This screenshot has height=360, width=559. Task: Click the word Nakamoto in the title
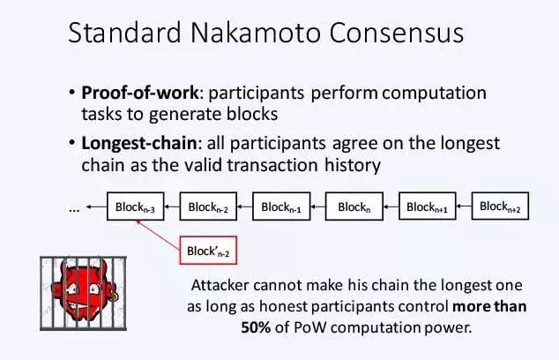click(x=256, y=33)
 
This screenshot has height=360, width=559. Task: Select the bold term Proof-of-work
click(x=139, y=93)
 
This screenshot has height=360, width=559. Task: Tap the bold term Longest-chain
click(x=139, y=144)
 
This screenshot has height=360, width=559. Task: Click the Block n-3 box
click(x=136, y=206)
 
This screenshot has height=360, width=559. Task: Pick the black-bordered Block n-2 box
click(x=208, y=206)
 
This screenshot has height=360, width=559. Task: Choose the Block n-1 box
click(x=281, y=206)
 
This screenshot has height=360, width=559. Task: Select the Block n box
click(x=354, y=206)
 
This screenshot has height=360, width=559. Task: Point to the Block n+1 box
click(x=428, y=206)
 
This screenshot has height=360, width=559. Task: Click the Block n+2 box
click(x=500, y=206)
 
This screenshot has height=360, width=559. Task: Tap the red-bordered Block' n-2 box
click(x=208, y=250)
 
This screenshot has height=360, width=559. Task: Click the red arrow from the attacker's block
click(x=158, y=235)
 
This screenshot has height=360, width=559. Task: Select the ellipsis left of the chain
click(x=74, y=209)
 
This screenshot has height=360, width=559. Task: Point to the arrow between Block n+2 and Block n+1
click(x=464, y=206)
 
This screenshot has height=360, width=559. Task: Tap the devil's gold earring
click(x=114, y=296)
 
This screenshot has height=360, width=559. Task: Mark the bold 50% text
click(x=256, y=327)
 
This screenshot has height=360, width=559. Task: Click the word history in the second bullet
click(x=353, y=165)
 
